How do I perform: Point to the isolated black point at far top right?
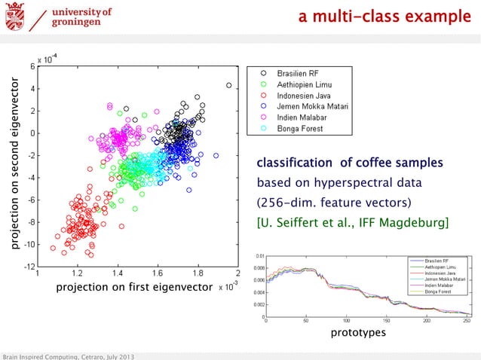pyautogui.click(x=229, y=86)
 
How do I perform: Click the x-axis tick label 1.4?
pyautogui.click(x=117, y=276)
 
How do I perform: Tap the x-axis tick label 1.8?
pyautogui.click(x=198, y=276)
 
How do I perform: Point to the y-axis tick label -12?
pyautogui.click(x=24, y=267)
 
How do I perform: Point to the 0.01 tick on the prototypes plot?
pyautogui.click(x=259, y=256)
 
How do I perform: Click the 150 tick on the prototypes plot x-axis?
pyautogui.click(x=386, y=322)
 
